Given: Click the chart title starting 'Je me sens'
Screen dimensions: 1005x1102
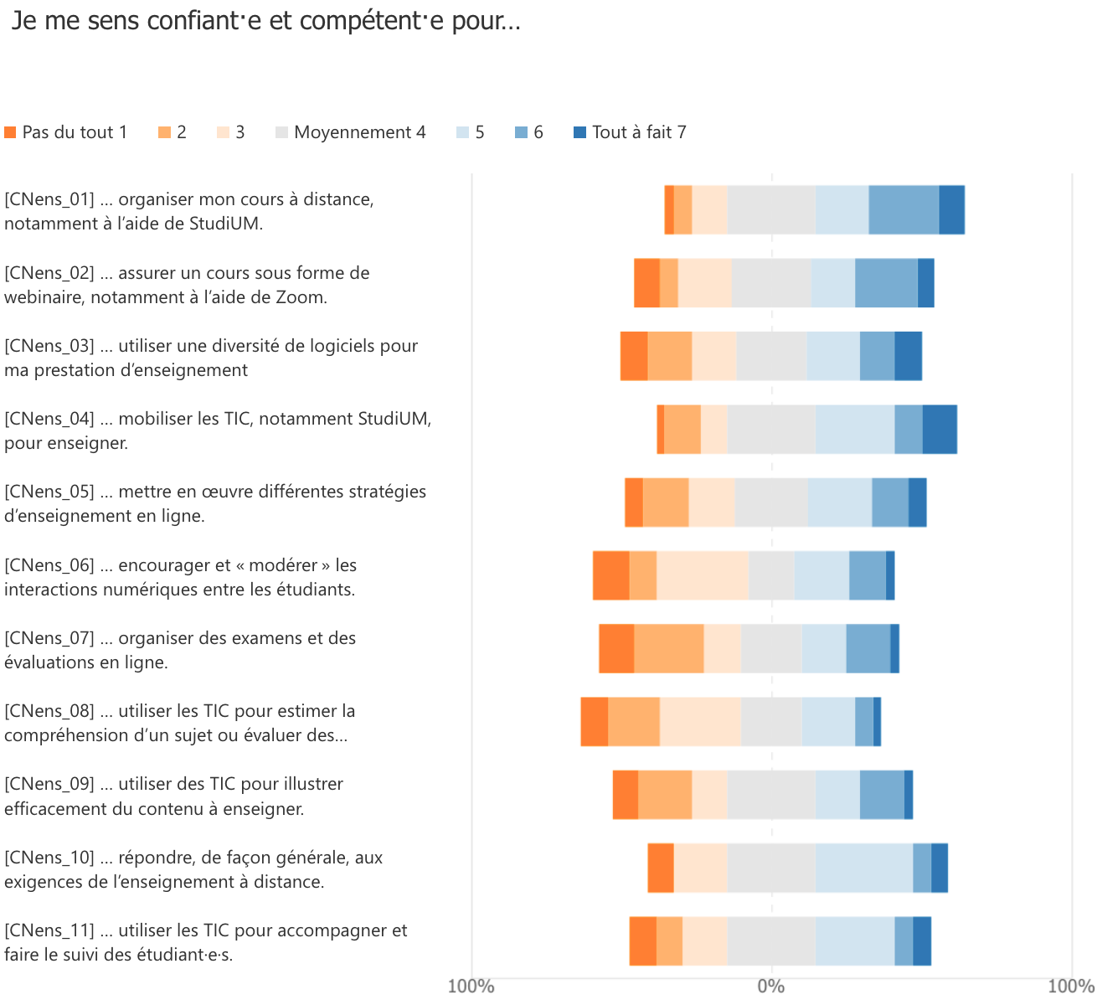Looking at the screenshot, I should click(x=266, y=22).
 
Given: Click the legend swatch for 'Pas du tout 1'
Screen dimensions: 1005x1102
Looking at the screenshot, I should click(x=11, y=132).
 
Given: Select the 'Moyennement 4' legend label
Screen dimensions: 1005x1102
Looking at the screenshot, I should click(x=359, y=132).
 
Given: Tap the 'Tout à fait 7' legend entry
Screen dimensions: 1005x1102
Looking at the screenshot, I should click(x=639, y=132).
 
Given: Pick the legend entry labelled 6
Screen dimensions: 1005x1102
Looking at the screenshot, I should click(x=538, y=132).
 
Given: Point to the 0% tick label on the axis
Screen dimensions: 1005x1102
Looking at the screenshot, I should click(x=771, y=987).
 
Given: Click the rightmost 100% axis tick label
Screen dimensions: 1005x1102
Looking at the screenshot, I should click(x=1071, y=987).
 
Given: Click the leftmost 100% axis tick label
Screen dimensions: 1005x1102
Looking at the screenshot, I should click(x=471, y=987).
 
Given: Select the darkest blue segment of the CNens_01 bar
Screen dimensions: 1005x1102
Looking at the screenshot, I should click(x=951, y=209).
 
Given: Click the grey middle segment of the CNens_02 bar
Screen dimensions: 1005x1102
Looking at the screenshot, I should click(x=771, y=283).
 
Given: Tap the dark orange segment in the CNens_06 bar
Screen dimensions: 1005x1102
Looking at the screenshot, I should click(x=611, y=575).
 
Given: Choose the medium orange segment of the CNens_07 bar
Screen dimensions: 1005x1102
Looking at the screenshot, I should click(x=669, y=648).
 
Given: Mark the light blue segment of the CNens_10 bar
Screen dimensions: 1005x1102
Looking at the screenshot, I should click(x=864, y=868).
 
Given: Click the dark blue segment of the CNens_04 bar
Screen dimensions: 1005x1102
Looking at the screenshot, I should click(x=940, y=429).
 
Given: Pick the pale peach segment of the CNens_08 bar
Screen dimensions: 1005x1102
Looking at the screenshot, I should click(x=701, y=721).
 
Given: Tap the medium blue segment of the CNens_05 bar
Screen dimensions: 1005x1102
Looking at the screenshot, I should click(x=890, y=502).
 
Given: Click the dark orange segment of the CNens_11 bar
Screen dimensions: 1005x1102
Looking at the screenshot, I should click(x=643, y=941).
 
